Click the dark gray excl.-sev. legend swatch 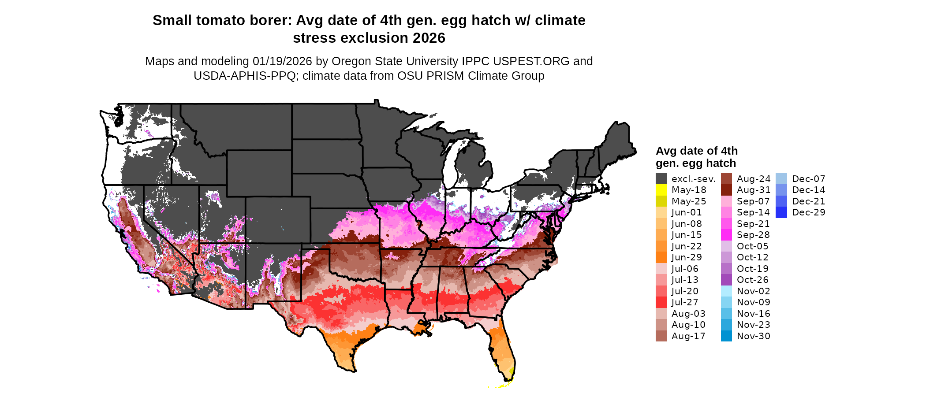coord(661,179)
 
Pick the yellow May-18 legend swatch coord(661,190)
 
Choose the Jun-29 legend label coord(687,257)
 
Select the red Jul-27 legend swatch coord(661,302)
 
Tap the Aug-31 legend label coord(754,190)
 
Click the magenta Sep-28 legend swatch coord(726,235)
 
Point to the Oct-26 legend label coord(752,280)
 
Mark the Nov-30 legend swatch coord(726,336)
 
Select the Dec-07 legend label coord(808,179)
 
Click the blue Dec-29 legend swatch coord(781,212)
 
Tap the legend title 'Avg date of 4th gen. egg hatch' coord(696,157)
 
